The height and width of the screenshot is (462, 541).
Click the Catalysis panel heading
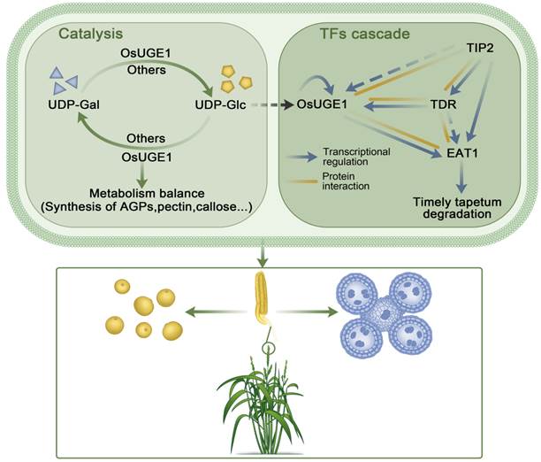pyautogui.click(x=92, y=35)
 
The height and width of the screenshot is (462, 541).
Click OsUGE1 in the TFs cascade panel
pyautogui.click(x=323, y=105)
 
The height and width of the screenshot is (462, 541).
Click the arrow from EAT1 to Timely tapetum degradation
pyautogui.click(x=460, y=177)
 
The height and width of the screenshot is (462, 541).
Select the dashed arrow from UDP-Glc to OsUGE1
pyautogui.click(x=267, y=105)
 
